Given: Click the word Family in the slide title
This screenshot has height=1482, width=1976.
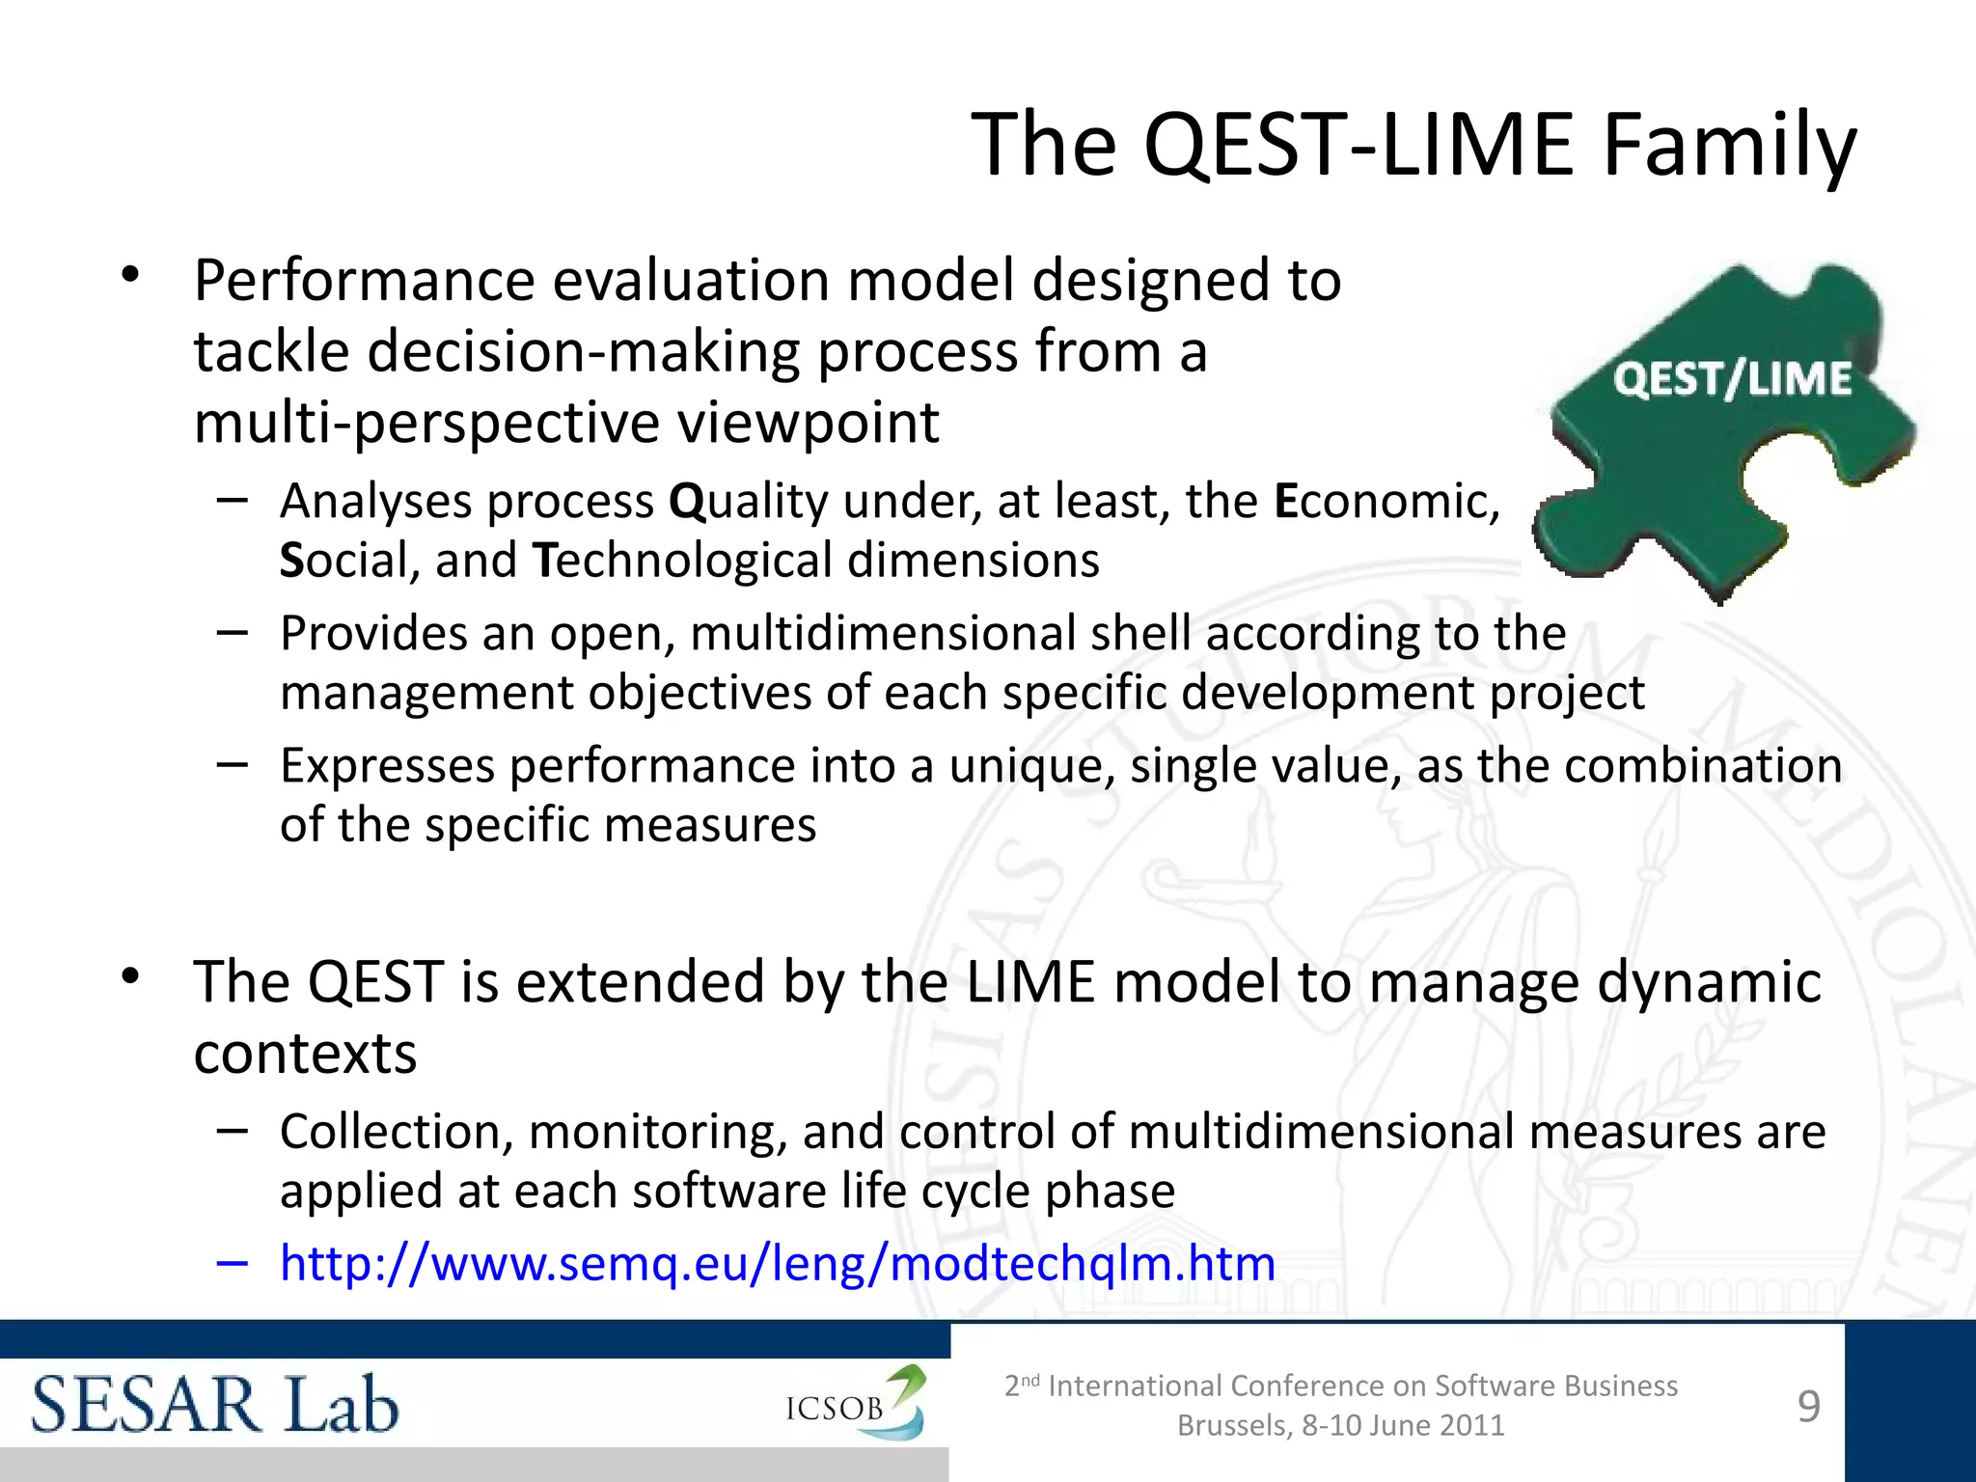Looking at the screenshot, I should (x=1728, y=147).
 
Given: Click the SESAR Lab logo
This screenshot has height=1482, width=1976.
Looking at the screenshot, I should (x=215, y=1405).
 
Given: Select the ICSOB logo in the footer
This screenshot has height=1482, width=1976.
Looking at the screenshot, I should (x=855, y=1405).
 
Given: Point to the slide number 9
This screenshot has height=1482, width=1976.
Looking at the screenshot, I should (x=1809, y=1406).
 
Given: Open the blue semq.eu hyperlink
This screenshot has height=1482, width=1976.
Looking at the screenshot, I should (x=777, y=1263).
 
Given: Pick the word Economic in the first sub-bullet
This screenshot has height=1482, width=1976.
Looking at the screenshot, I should (x=1386, y=502).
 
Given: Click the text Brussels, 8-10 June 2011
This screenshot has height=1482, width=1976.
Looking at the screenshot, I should (x=1340, y=1425).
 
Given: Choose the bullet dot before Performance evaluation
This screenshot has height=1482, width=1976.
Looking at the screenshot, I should (x=131, y=276).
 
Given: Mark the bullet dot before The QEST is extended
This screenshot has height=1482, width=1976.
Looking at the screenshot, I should (x=131, y=977).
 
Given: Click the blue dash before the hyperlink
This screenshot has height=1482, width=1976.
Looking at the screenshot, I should (x=233, y=1262).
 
